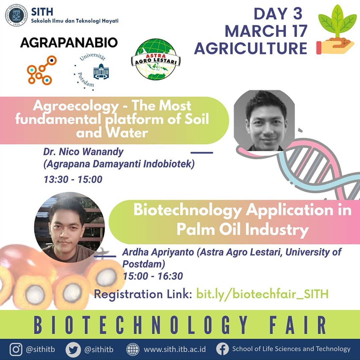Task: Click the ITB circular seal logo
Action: pyautogui.click(x=16, y=15)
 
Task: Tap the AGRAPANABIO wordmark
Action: pyautogui.click(x=69, y=43)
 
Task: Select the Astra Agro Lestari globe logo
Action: pyautogui.click(x=156, y=59)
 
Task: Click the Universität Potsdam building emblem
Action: pyautogui.click(x=101, y=72)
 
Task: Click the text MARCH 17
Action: pyautogui.click(x=266, y=31)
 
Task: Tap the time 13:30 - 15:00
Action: pyautogui.click(x=73, y=179)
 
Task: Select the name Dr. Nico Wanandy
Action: pyautogui.click(x=83, y=152)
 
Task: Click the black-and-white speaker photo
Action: pyautogui.click(x=264, y=121)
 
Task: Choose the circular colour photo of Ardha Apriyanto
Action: pyautogui.click(x=69, y=227)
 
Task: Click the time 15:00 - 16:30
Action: pyautogui.click(x=153, y=276)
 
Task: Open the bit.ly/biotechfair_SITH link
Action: pyautogui.click(x=262, y=294)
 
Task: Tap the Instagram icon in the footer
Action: pyautogui.click(x=16, y=349)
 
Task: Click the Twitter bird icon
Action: pyautogui.click(x=73, y=350)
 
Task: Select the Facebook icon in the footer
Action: pyautogui.click(x=222, y=349)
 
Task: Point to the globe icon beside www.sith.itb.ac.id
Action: pyautogui.click(x=133, y=349)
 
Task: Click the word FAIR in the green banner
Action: pyautogui.click(x=298, y=325)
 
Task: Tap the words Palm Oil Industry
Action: pyautogui.click(x=243, y=229)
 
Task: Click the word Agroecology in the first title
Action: pyautogui.click(x=76, y=106)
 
